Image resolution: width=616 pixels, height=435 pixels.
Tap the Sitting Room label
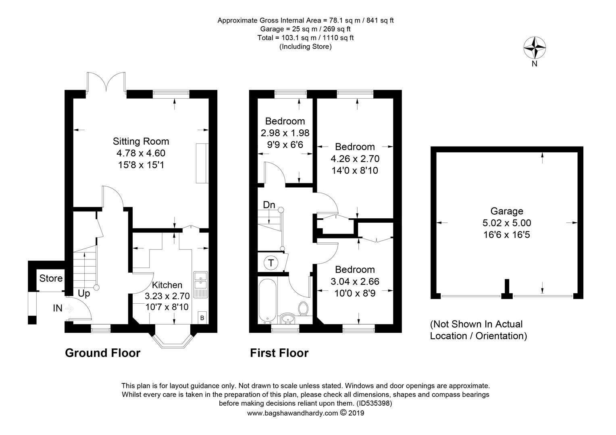[x=141, y=141]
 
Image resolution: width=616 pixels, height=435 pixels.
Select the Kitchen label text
[x=167, y=285]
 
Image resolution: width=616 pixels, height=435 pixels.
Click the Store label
[x=51, y=278]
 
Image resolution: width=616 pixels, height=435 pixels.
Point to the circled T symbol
[x=271, y=263]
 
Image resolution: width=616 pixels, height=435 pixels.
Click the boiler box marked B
[x=202, y=318]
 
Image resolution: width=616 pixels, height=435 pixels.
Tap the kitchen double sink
[x=201, y=285]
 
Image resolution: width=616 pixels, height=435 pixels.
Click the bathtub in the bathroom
[x=267, y=300]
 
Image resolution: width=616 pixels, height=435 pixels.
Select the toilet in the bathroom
[x=304, y=309]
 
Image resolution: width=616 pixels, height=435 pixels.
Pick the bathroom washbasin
[x=288, y=319]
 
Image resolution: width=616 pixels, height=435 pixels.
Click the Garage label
[x=507, y=211]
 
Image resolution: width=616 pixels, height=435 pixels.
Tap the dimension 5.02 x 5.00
[x=507, y=223]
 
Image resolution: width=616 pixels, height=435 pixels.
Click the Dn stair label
[x=269, y=205]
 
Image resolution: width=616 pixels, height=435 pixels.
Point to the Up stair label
[x=84, y=294]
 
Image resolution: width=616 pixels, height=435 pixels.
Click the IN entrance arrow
[x=70, y=309]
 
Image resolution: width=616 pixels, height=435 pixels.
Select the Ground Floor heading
[x=102, y=353]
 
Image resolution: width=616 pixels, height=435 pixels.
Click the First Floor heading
[x=279, y=353]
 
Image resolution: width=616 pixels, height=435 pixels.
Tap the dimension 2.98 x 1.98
[x=285, y=133]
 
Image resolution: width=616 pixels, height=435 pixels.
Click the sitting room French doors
[x=106, y=82]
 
